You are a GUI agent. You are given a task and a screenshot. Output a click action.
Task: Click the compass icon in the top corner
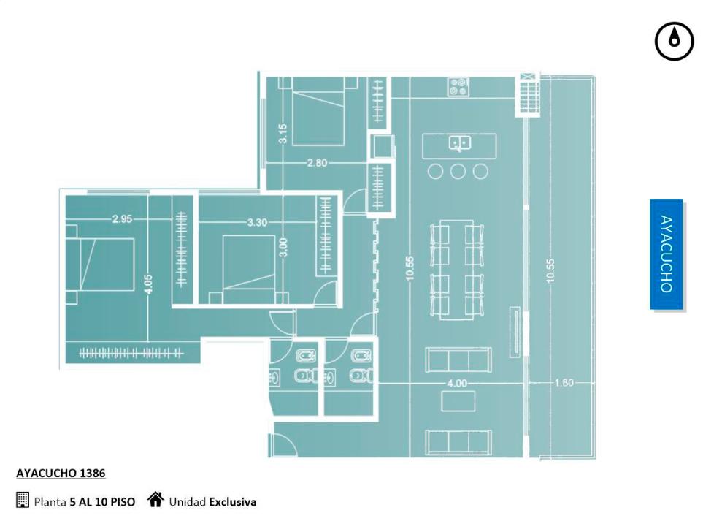tap(674, 42)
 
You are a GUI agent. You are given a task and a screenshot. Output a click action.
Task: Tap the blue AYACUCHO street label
tap(667, 254)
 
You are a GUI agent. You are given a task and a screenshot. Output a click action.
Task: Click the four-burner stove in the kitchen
tap(458, 87)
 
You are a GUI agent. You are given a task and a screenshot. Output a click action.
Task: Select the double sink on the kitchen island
tap(459, 143)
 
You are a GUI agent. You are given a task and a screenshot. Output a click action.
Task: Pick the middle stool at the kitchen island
tap(458, 172)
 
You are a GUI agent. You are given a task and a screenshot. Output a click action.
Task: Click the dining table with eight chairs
tap(457, 270)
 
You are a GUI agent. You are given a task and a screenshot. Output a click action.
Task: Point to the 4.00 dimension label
tap(457, 383)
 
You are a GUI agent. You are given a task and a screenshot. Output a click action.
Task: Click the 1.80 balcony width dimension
tap(564, 383)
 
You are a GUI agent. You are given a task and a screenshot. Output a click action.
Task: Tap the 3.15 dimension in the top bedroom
tap(283, 133)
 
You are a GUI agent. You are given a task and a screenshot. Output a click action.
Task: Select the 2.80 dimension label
tap(317, 163)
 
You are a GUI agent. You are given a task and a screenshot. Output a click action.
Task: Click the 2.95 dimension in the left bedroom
tap(122, 219)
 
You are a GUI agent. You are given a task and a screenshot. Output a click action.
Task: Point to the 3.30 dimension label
tap(257, 222)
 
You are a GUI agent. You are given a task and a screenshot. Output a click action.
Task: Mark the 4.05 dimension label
tap(147, 284)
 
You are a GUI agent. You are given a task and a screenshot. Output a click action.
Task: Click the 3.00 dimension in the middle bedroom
tap(283, 248)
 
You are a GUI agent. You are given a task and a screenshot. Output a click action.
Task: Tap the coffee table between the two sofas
tap(458, 401)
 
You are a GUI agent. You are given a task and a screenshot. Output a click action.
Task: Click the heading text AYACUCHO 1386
tap(61, 474)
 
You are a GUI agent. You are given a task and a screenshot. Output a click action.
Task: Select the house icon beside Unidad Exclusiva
tap(155, 499)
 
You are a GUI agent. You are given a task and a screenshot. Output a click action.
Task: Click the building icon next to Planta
tap(22, 500)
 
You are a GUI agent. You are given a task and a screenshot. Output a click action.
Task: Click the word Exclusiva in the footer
tap(233, 502)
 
